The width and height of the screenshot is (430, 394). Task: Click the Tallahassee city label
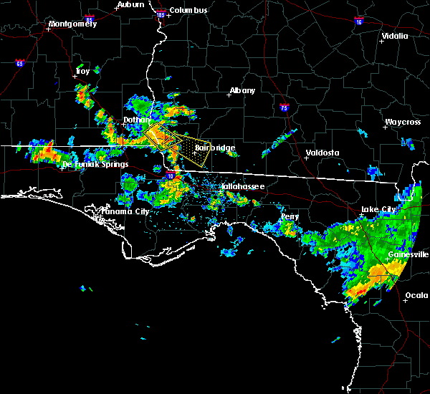pyautogui.click(x=242, y=186)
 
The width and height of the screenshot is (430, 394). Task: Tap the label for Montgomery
pyautogui.click(x=72, y=24)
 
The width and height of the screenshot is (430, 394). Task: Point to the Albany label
pyautogui.click(x=242, y=91)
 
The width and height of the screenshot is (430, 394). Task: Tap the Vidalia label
pyautogui.click(x=395, y=36)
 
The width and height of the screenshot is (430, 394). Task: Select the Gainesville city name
pyautogui.click(x=408, y=254)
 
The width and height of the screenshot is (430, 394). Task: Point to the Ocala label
pyautogui.click(x=416, y=295)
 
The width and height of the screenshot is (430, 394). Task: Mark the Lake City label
pyautogui.click(x=378, y=209)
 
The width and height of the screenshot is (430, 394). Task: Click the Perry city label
pyautogui.click(x=290, y=216)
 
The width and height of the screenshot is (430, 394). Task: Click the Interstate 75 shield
pyautogui.click(x=285, y=109)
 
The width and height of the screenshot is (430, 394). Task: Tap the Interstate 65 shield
pyautogui.click(x=19, y=64)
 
